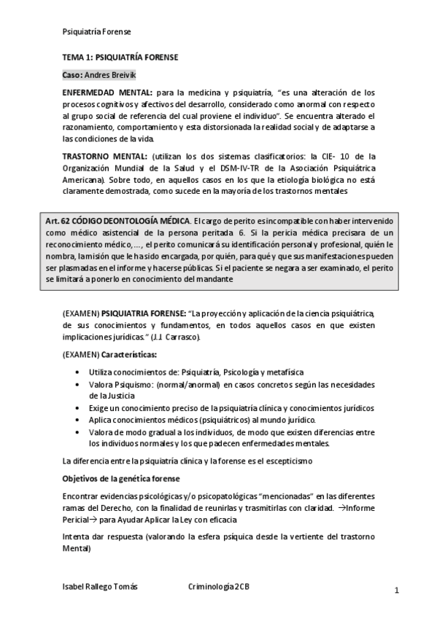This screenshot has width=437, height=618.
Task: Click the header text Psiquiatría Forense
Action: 97,32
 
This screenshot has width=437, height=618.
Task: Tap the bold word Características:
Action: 128,354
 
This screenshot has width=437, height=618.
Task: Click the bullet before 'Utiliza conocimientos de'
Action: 78,372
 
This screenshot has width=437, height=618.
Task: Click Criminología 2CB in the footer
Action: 219,587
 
